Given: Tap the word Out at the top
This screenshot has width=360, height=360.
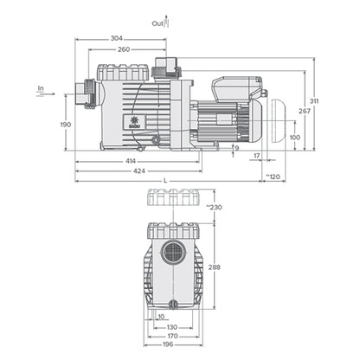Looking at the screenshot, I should click(x=157, y=24).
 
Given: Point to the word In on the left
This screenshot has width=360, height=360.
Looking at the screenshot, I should click(x=41, y=87).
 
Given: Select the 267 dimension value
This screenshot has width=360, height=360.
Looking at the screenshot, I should click(x=304, y=112).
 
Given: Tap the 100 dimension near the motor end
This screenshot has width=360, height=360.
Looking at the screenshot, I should click(x=294, y=137).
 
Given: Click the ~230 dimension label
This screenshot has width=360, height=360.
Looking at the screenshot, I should click(x=214, y=206).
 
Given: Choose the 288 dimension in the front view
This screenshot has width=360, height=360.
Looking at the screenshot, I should click(x=214, y=267).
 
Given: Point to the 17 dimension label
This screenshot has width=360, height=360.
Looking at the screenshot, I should click(x=256, y=156).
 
